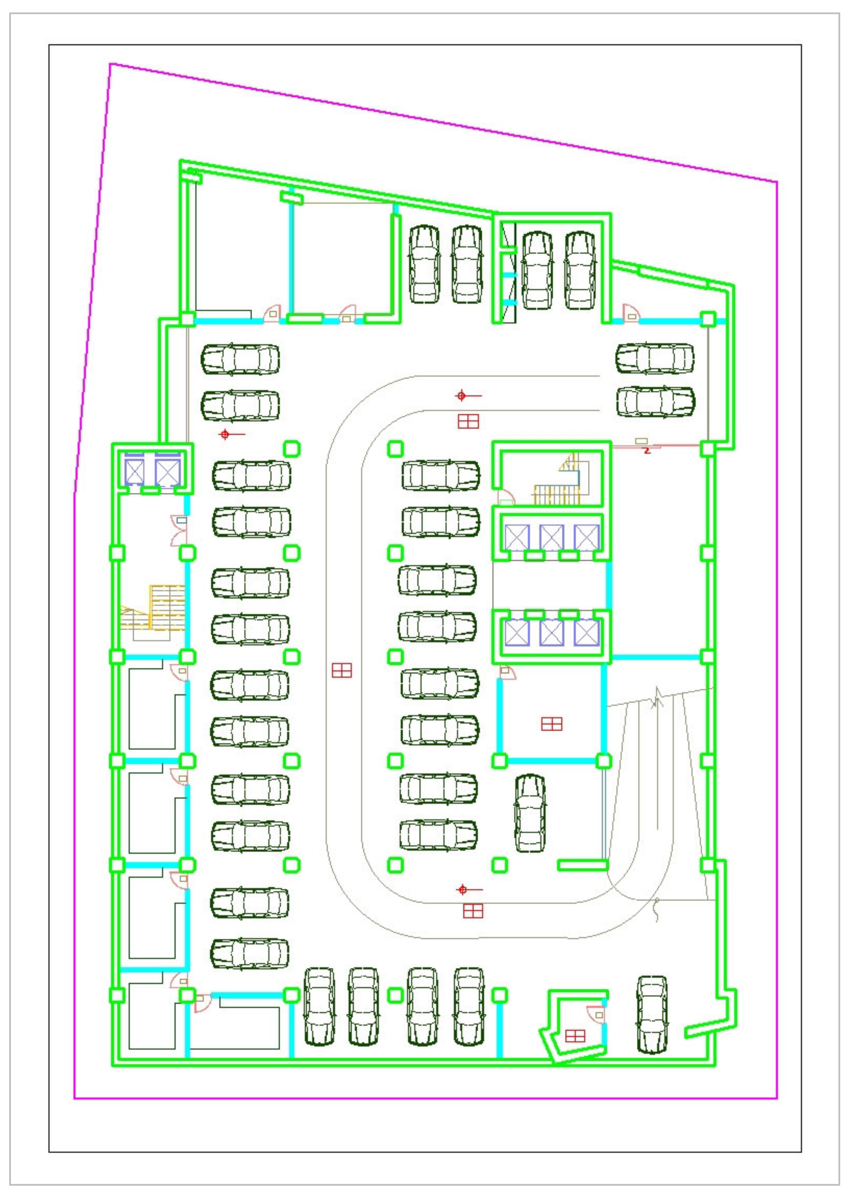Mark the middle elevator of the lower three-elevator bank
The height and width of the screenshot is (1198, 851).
552,632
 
